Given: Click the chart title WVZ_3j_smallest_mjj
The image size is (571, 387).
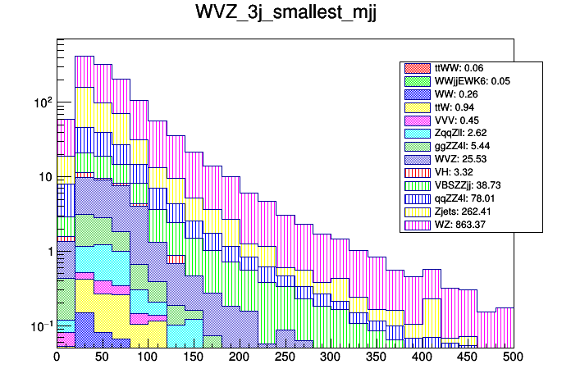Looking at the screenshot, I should coord(285,14).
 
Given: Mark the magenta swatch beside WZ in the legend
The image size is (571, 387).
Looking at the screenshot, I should coord(417,224).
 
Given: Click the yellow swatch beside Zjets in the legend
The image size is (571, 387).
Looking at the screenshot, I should coord(417,212).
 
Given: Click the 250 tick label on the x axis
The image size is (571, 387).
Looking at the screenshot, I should coord(285,357).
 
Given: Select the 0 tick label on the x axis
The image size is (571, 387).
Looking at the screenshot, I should coord(57,357).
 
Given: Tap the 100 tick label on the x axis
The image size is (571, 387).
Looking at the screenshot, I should coord(148,357).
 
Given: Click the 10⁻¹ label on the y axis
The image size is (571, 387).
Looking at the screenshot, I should coord(41,326).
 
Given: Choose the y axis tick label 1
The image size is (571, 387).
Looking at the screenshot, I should coord(48,252).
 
